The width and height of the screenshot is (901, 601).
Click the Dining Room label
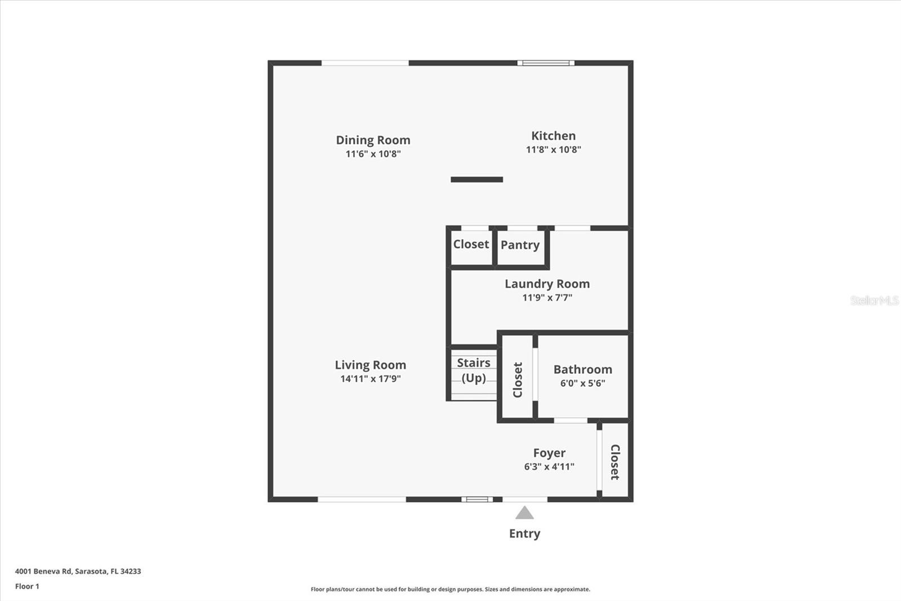coord(373,140)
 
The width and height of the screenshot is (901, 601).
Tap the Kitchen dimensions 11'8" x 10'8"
coord(553,149)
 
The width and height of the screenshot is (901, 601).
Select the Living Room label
coord(370,365)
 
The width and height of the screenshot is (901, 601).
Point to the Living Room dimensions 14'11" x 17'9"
coord(370,379)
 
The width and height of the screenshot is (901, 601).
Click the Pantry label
coord(520,245)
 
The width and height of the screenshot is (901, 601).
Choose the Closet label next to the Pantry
coord(471,244)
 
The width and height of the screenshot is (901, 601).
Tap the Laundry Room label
coord(547,284)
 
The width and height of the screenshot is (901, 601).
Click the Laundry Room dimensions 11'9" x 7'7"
coord(547,298)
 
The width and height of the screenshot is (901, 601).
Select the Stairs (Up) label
coord(473,370)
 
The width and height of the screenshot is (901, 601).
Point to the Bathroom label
coord(582,369)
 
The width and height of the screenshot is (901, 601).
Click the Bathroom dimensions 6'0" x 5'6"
coord(582,383)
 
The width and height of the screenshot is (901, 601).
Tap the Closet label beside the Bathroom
coord(518,379)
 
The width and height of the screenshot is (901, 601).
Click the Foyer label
coord(549,453)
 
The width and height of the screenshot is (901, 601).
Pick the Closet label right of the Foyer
coord(615,462)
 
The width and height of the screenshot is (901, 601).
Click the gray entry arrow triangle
coord(524,513)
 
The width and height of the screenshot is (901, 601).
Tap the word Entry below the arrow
coord(524,533)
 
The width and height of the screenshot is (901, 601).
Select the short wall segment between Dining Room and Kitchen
coord(476,180)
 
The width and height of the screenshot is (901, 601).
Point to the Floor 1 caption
coord(27,586)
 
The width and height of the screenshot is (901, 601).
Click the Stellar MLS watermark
coord(874,300)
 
